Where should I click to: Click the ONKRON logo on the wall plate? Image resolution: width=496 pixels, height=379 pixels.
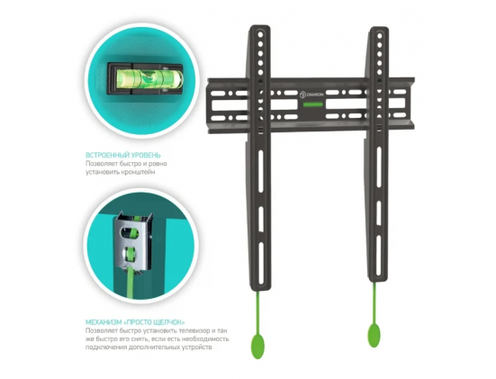click(x=311, y=94)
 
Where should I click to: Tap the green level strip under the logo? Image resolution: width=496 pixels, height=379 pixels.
click(x=313, y=104)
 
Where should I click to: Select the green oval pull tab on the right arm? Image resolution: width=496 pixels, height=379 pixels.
click(x=374, y=335)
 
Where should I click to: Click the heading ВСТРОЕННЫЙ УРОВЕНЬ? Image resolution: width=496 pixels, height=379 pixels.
click(x=123, y=156)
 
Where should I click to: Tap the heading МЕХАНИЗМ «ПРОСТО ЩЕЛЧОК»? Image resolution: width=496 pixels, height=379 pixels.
click(x=135, y=322)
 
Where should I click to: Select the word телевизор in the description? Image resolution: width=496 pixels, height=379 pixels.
click(x=191, y=330)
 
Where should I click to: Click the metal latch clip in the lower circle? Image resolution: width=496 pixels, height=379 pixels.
click(x=133, y=241)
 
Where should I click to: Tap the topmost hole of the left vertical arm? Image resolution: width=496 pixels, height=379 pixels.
click(x=260, y=34)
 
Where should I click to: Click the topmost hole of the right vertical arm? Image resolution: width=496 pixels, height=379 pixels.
click(x=380, y=35)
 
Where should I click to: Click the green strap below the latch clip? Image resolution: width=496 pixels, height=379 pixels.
click(x=131, y=284)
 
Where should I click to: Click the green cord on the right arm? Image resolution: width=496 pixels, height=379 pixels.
click(x=374, y=302)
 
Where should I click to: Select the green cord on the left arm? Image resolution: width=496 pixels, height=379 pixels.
click(x=258, y=312)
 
